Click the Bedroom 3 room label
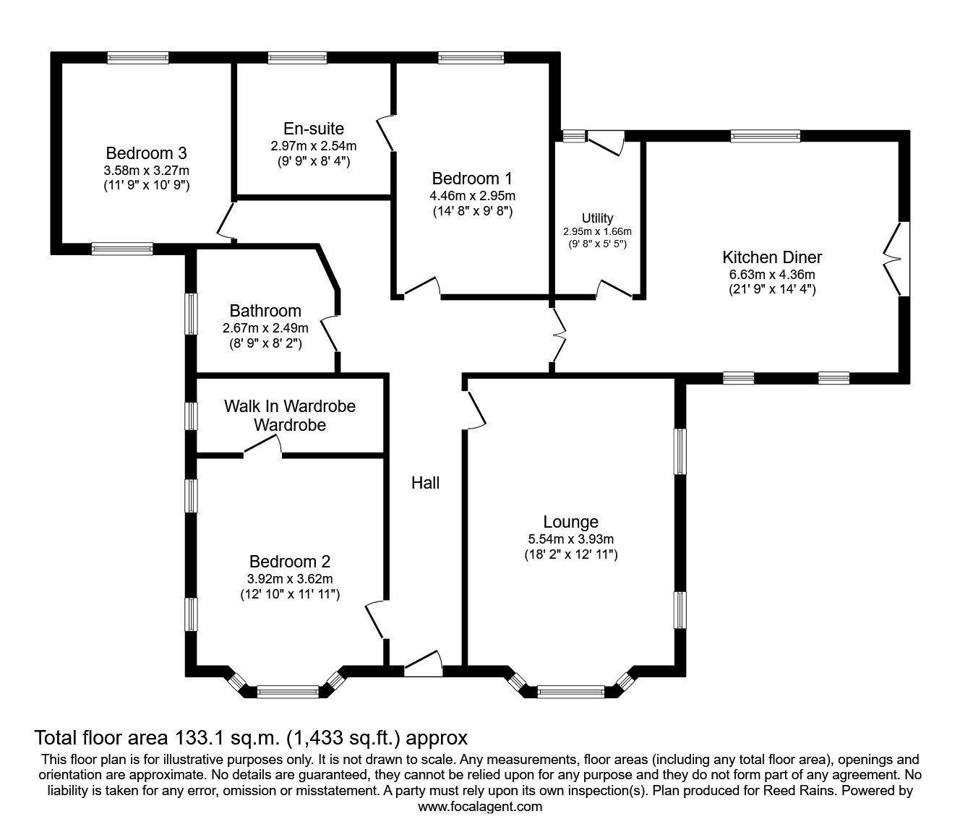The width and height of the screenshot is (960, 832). (x=146, y=153)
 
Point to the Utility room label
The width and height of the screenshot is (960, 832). (x=597, y=218)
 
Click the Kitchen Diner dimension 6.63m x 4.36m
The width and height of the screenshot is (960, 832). (x=772, y=274)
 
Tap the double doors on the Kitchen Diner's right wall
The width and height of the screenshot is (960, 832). (x=896, y=258)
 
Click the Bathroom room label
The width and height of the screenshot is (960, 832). (x=265, y=311)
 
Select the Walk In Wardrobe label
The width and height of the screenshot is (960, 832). (x=289, y=406)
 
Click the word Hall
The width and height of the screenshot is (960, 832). (x=425, y=483)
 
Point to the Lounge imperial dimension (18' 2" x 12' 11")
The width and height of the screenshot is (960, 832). (x=570, y=555)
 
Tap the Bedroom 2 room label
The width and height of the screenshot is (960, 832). (x=290, y=562)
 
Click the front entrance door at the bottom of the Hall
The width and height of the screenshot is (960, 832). (x=424, y=665)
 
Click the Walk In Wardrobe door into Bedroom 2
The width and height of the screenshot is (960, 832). (x=262, y=449)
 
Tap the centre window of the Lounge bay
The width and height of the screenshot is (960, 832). (x=571, y=692)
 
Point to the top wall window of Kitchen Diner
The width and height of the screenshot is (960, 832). (x=765, y=135)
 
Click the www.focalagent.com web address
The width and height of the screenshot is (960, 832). (x=480, y=807)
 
